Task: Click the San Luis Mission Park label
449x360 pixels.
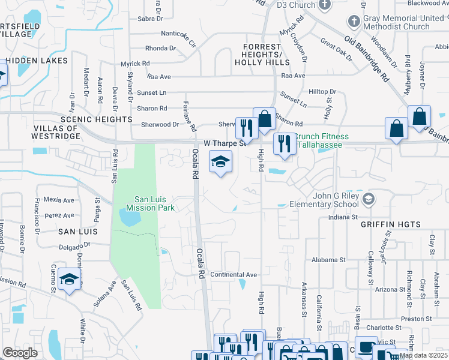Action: point(154,203)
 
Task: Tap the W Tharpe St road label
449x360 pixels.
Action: point(226,143)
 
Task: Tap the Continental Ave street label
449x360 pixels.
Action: point(234,275)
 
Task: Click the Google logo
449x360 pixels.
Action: point(20,353)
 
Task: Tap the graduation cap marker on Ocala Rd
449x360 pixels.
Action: point(221,161)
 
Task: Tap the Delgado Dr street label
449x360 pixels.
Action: point(75,245)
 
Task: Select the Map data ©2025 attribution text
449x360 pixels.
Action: point(423,355)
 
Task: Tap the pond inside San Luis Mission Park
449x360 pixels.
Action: point(130,217)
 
